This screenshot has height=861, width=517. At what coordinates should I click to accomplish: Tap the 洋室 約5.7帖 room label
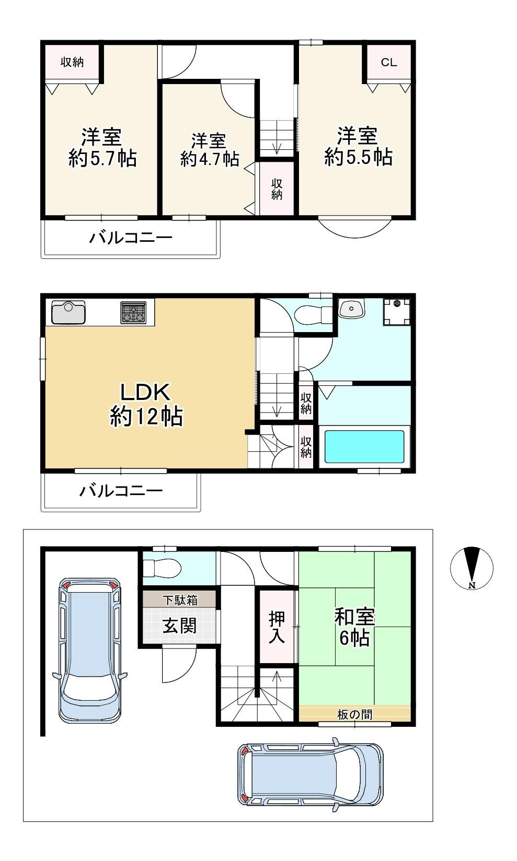pos(102,148)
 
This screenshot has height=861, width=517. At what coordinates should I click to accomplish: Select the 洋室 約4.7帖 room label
pos(210,150)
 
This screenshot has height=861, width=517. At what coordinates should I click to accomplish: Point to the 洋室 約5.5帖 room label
pos(358,146)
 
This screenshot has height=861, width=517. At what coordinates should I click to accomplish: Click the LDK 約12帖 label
pos(146,404)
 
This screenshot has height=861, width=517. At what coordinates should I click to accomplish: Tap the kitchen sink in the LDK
pos(68,312)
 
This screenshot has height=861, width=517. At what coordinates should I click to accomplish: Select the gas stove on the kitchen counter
pos(134,312)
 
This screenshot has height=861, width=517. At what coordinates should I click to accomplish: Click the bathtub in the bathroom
pos(364,446)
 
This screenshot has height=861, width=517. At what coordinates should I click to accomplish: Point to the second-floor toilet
pos(313,315)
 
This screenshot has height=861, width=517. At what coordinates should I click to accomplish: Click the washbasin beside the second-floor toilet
pos(351,308)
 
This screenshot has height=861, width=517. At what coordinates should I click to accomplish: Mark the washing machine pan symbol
pos(397,312)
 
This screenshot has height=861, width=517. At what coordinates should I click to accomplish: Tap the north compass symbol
pos(472,568)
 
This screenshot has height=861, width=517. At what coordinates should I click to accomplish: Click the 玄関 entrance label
pos(179,626)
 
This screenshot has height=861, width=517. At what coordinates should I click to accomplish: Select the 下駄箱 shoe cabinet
pos(179,599)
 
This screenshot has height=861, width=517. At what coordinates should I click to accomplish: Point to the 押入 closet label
pos(277,627)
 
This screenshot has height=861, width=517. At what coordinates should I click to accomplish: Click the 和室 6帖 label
pos(354,627)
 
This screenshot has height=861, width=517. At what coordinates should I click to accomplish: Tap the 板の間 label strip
pos(354,714)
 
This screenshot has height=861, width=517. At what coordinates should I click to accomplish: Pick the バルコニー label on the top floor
pos(131,238)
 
